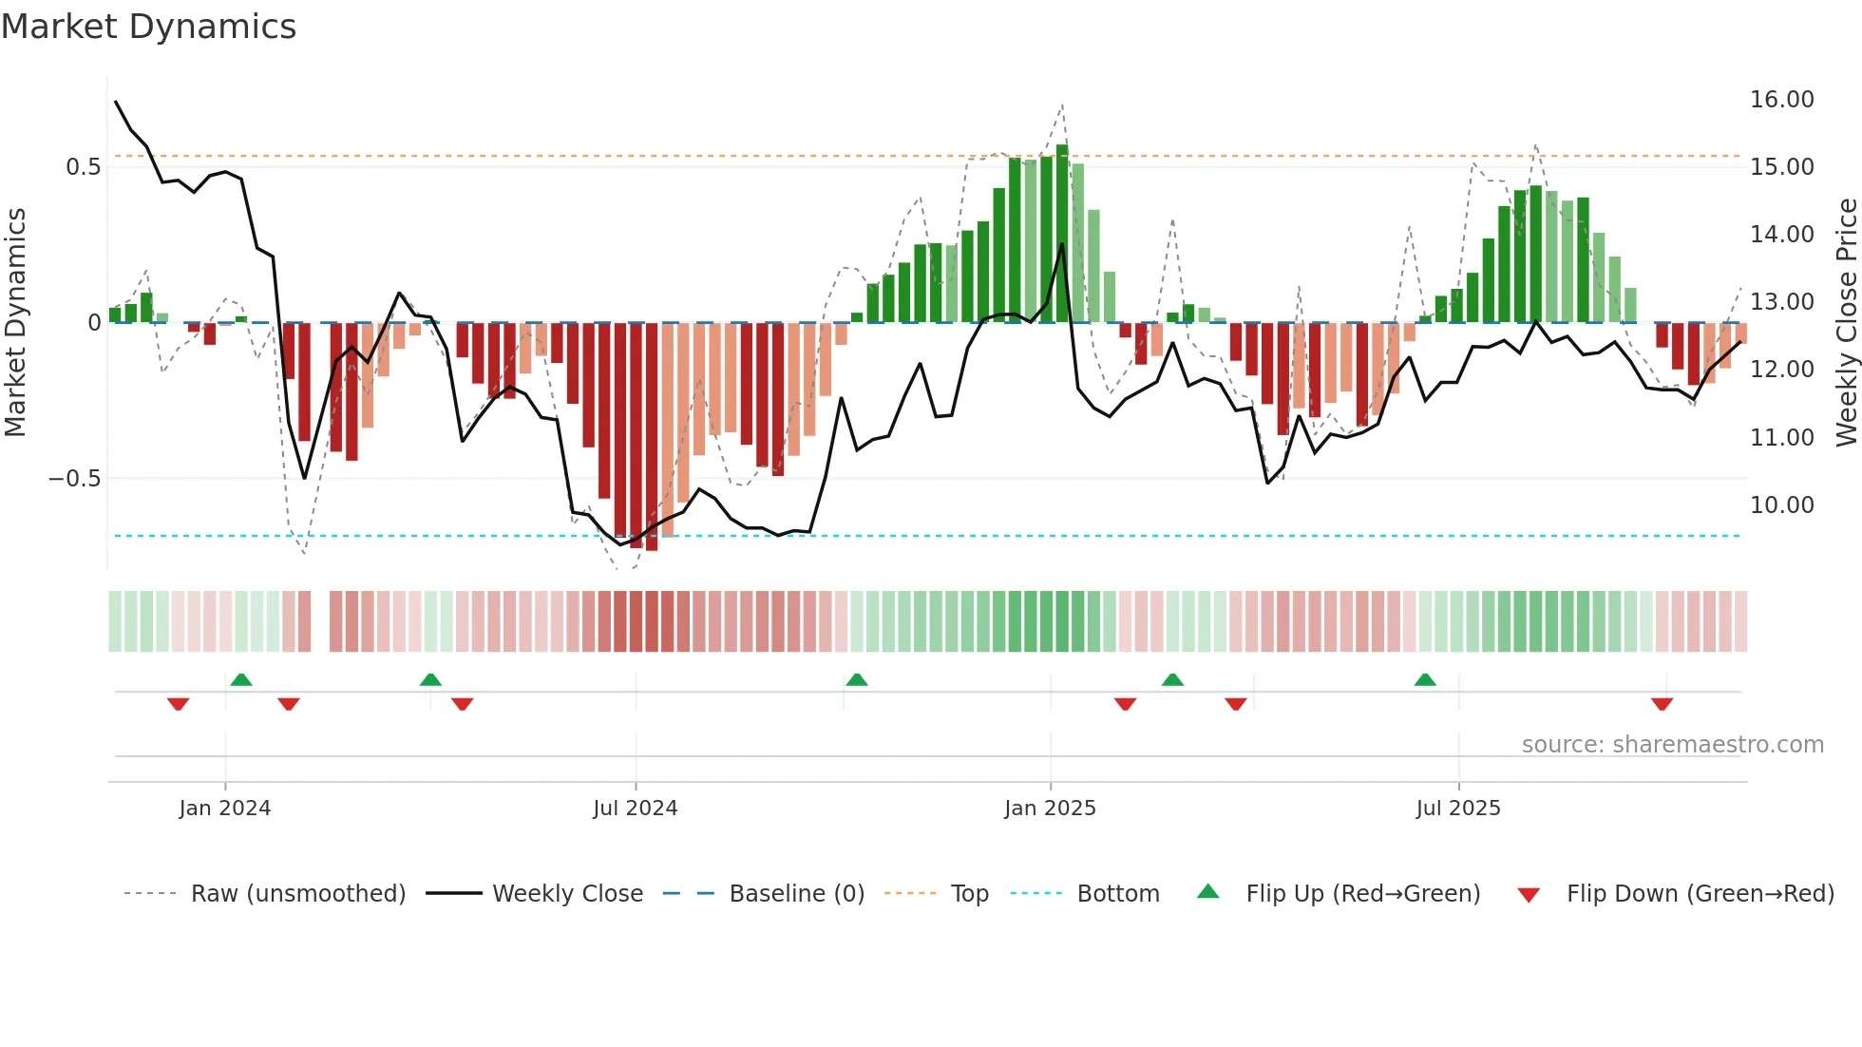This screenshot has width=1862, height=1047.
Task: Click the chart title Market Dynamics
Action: tap(148, 27)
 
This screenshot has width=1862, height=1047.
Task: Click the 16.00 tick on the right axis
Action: tap(1781, 100)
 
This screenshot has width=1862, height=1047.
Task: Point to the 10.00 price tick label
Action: tap(1781, 505)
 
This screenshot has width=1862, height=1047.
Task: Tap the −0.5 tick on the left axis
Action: tap(74, 479)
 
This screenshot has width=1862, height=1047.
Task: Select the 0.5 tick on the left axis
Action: tap(83, 167)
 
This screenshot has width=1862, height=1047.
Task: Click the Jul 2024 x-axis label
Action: tap(635, 809)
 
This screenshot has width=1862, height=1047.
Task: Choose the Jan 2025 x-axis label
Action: tap(1050, 809)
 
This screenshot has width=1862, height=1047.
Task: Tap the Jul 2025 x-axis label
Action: tap(1457, 809)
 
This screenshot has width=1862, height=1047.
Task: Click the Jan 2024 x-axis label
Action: tap(225, 809)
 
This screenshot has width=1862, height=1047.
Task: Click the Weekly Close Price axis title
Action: tap(1846, 322)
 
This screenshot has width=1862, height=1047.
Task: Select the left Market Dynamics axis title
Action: tap(15, 322)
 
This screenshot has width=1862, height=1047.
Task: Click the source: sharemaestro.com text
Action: tap(1672, 745)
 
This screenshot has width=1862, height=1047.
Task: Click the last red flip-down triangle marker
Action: tap(1662, 704)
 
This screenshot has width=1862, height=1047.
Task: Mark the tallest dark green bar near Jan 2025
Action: tap(1062, 233)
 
